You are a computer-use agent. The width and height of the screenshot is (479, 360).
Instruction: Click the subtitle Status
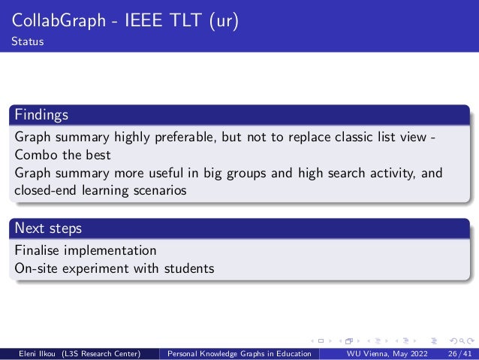coord(27,41)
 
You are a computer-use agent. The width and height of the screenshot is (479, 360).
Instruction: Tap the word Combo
coord(35,156)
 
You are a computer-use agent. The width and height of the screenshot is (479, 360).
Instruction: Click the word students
coord(189,268)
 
